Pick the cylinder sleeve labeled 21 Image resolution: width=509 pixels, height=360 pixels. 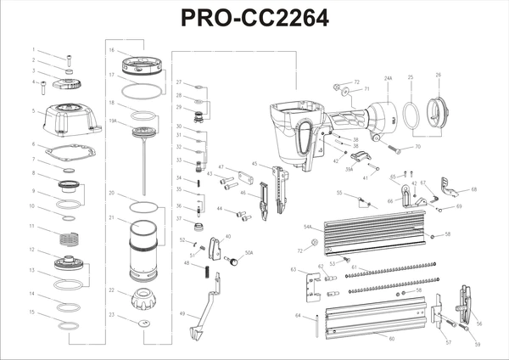click(143, 250)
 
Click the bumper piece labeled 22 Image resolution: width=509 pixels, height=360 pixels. click(143, 300)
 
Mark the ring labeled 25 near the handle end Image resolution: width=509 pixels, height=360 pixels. click(410, 115)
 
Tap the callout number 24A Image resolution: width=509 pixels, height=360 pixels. click(389, 78)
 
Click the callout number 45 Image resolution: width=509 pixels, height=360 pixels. click(255, 163)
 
